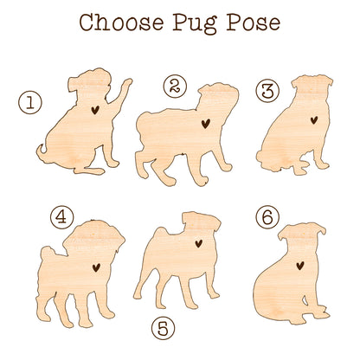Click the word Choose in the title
[122, 22]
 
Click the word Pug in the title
[195, 24]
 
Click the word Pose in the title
[253, 22]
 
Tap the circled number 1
[30, 102]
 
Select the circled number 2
[175, 86]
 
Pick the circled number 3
[267, 90]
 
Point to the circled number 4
[61, 217]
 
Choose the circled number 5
[164, 328]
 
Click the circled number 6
[267, 217]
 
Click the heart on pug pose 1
[95, 110]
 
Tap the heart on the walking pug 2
[205, 124]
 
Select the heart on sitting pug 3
[314, 119]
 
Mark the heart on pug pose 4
[96, 267]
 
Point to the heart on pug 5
[198, 243]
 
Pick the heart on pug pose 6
[300, 266]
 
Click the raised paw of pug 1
[125, 84]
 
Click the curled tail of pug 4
[47, 254]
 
